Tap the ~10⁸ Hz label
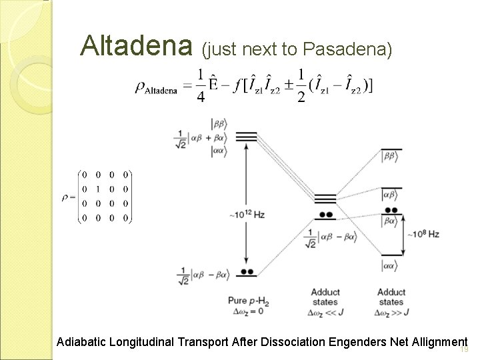tap(425, 234)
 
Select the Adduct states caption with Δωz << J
tap(325, 302)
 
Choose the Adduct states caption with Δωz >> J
tap(391, 302)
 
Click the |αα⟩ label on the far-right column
tap(390, 266)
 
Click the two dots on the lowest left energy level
tap(247, 271)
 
